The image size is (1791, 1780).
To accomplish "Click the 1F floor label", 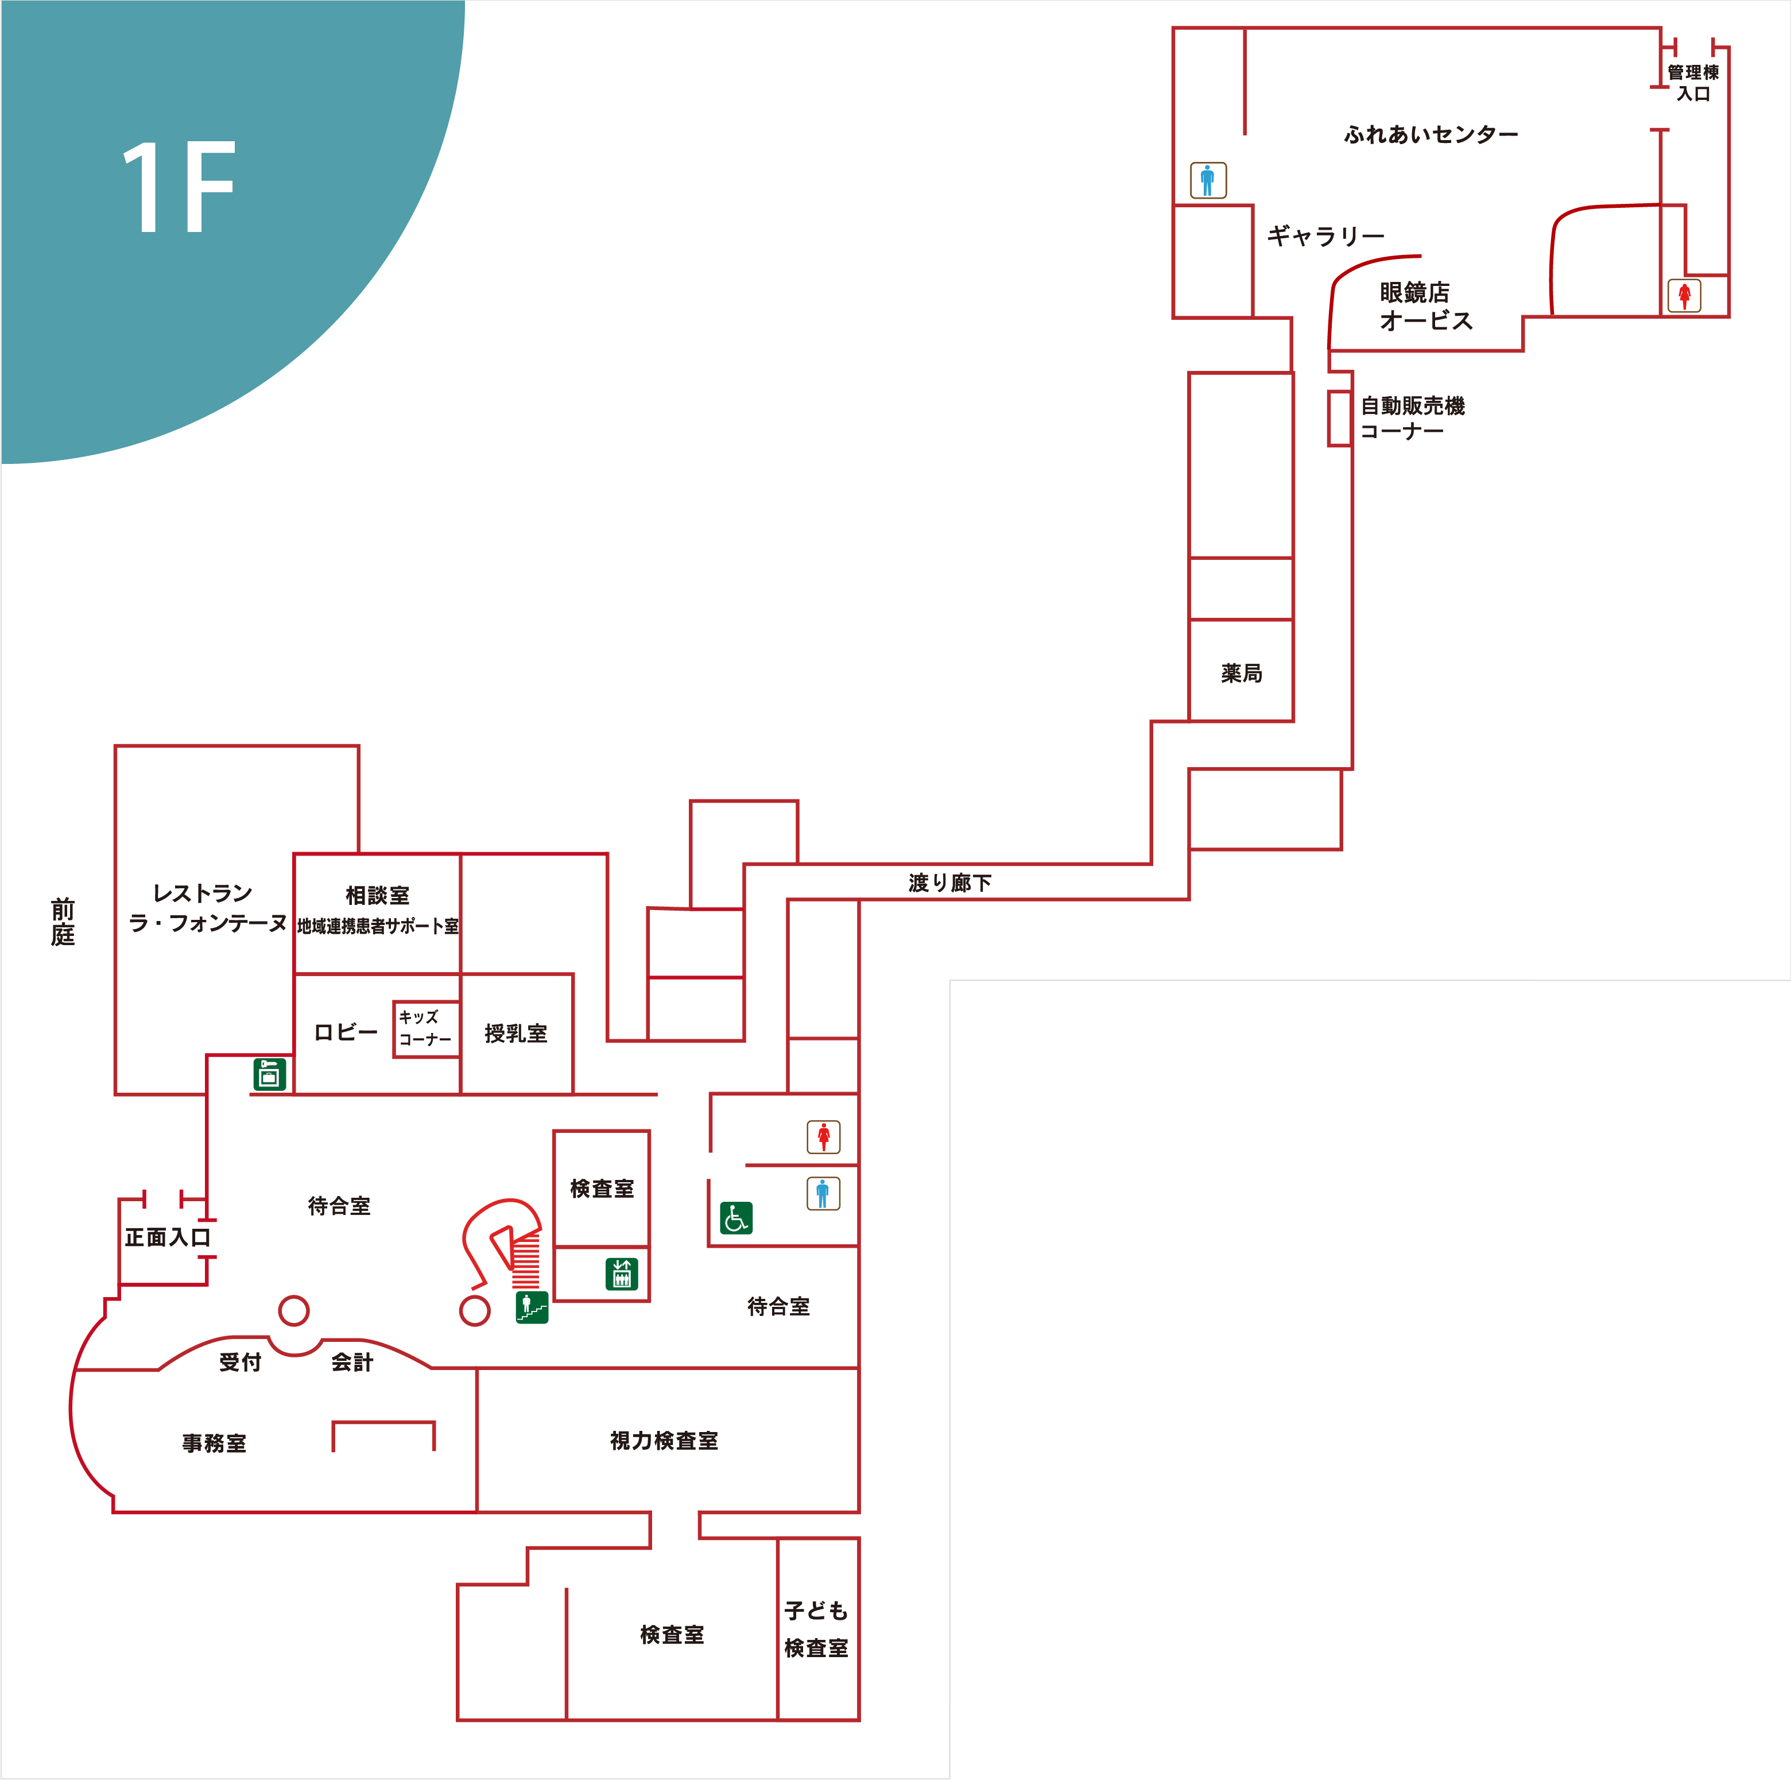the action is point(179,187).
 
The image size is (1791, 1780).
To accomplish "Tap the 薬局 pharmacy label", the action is point(1241,673).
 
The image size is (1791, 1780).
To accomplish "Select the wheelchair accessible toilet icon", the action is point(736,1218).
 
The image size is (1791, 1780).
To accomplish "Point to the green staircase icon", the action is point(532,1307).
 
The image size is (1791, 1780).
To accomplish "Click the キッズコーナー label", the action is point(425,1028).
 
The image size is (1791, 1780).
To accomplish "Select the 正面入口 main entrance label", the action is point(168,1237).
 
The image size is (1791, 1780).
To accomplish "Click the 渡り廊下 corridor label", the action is point(950,883).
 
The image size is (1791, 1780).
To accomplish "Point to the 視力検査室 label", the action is point(664,1440).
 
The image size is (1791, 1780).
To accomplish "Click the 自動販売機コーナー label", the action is point(1413,418).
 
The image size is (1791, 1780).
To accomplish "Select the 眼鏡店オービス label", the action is point(1426,306).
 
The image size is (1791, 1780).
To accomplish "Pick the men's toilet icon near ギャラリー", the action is point(1208,180).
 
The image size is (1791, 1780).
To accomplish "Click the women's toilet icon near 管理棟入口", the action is point(1684,296).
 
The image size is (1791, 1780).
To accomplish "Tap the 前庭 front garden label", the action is point(63,922).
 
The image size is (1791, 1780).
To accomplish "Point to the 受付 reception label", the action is point(240,1362).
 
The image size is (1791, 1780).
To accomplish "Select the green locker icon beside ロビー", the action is point(270,1074).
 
